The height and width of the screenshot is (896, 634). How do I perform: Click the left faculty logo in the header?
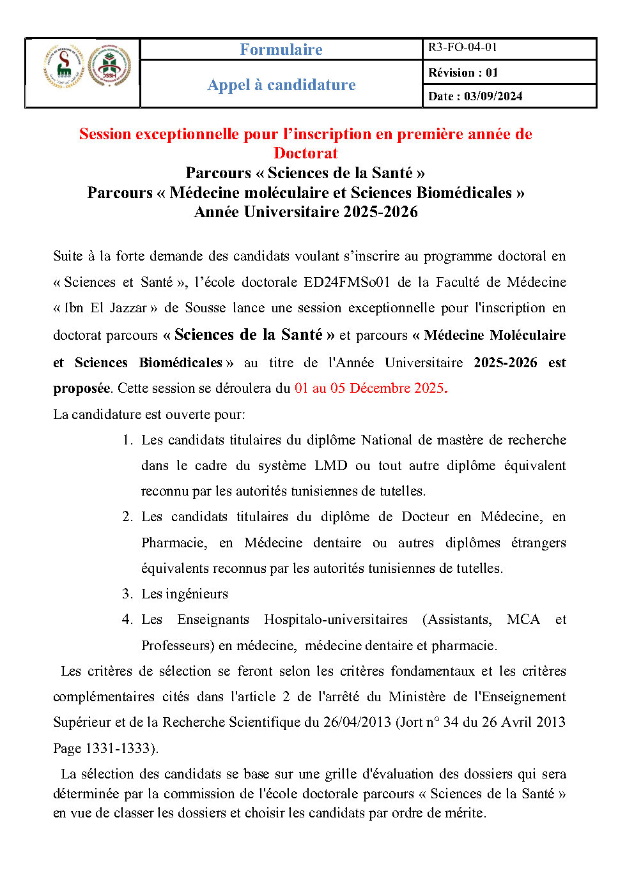[64, 66]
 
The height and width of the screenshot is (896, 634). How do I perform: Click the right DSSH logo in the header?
[109, 66]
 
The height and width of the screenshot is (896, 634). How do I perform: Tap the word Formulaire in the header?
[281, 49]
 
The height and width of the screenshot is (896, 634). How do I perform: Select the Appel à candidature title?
[281, 85]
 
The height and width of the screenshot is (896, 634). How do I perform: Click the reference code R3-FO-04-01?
[463, 47]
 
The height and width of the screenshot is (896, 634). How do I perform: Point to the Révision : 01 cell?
[463, 73]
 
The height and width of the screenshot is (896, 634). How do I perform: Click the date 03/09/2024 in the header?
[493, 96]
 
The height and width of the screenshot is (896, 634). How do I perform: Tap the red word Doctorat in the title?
[305, 153]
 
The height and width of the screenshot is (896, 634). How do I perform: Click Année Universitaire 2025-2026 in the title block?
[305, 212]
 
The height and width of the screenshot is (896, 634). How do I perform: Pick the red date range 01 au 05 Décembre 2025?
[369, 388]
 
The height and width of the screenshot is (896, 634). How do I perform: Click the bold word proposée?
[81, 388]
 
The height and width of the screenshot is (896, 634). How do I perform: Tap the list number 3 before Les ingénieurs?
[127, 594]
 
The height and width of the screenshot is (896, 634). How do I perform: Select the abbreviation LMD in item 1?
[330, 466]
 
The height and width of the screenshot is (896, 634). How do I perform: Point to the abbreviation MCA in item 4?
[523, 619]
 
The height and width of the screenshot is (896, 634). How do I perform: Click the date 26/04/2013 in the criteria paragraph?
[357, 722]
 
